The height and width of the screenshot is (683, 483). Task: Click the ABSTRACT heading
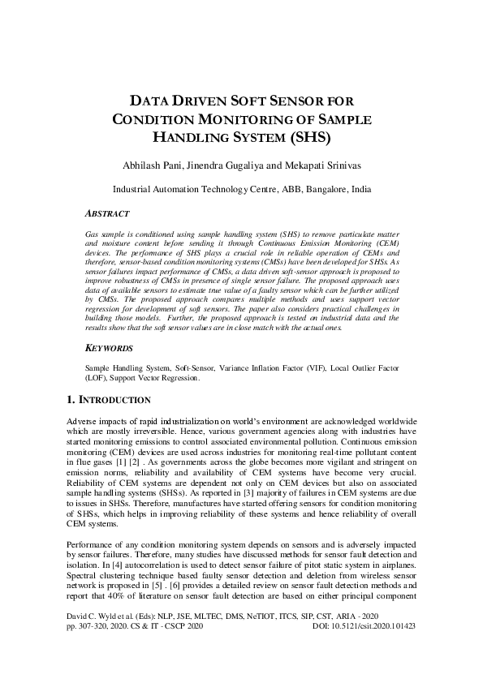pyautogui.click(x=107, y=213)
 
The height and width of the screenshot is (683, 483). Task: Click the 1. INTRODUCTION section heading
pyautogui.click(x=107, y=400)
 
